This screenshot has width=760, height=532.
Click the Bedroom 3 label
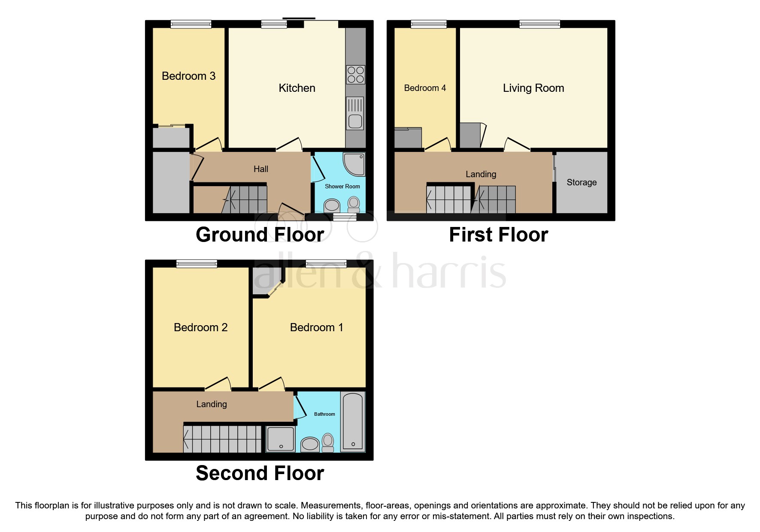(188, 76)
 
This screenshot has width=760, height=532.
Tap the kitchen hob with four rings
(355, 75)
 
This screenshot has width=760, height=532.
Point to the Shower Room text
(342, 186)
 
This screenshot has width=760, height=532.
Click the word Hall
(260, 169)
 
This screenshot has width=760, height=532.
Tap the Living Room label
(533, 88)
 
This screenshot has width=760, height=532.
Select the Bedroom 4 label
(425, 88)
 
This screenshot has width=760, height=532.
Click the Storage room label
(581, 182)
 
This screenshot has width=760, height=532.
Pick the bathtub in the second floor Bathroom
(353, 421)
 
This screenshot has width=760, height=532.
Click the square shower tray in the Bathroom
(281, 438)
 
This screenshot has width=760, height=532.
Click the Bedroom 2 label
(200, 327)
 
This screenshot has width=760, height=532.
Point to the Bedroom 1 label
(316, 327)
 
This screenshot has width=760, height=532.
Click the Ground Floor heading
(260, 235)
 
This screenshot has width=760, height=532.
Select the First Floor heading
(498, 235)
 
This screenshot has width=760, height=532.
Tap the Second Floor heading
(260, 473)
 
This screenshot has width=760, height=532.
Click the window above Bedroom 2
(197, 263)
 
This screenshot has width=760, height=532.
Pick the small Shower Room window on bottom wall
(345, 218)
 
